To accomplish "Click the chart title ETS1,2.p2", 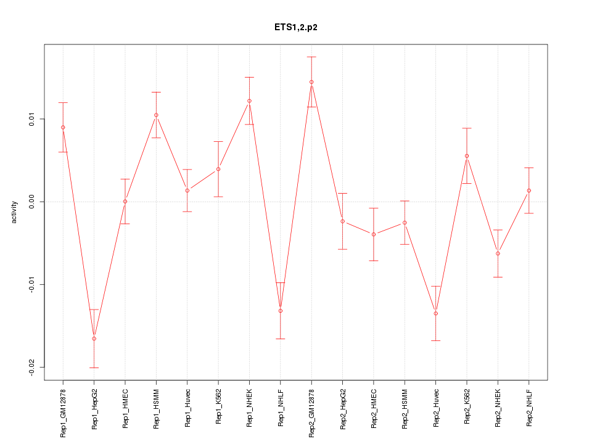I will coord(296,27).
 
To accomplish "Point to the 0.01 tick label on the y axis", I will coord(33,119).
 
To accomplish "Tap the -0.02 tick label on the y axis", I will coord(33,368).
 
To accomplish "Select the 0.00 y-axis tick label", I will coord(33,202).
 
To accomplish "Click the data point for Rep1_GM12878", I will coord(63,127).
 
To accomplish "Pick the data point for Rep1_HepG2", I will coord(94,339).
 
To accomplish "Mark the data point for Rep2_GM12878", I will coord(311,82).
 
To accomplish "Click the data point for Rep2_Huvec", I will coord(435,313).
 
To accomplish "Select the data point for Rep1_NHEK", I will coord(249,101).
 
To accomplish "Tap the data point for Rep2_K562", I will coord(467,156).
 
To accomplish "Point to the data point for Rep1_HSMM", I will coord(156,115).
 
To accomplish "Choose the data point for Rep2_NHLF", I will coord(529,191).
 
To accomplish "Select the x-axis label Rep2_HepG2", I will coord(343,409).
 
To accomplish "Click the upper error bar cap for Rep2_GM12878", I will coord(311,57).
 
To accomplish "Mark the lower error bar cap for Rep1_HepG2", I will coord(94,368).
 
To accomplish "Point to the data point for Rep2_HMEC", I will coord(374,234).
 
